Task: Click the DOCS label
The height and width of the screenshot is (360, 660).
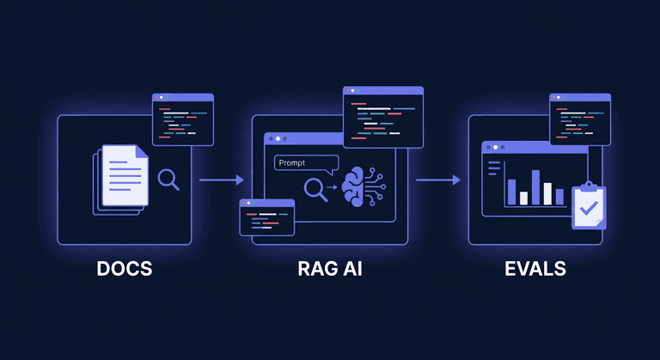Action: pos(124,268)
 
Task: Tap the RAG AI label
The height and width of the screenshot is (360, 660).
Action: pos(329,268)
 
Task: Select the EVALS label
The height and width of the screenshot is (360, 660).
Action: pos(535,268)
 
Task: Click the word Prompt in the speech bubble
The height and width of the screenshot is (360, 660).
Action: pos(293,162)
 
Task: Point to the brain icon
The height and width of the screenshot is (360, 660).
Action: pos(360,187)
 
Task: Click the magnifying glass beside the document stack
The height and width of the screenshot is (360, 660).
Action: pos(169,179)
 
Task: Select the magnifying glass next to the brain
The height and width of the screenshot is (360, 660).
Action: pos(315,188)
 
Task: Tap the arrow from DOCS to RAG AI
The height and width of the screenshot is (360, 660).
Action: pos(221,180)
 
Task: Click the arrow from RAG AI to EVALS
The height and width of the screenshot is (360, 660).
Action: pos(437,180)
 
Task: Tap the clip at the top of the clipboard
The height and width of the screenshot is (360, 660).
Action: pos(589,185)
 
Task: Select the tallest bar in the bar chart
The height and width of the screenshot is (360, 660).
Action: pos(535,186)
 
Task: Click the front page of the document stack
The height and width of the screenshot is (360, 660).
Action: pos(125,175)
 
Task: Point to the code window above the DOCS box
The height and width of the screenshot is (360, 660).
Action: pos(182,119)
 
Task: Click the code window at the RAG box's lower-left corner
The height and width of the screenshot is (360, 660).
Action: pos(266,217)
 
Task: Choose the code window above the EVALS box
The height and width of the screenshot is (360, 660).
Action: pos(580,119)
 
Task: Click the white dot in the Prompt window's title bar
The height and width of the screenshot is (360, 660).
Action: pos(278,138)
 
